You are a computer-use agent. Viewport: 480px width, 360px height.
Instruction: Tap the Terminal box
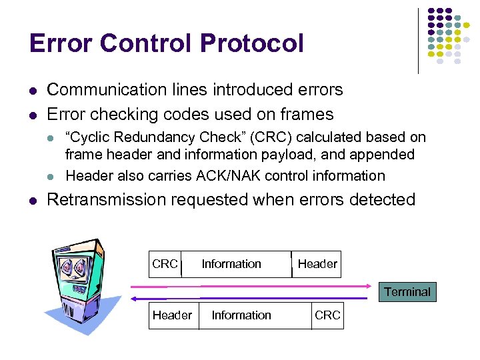click(407, 292)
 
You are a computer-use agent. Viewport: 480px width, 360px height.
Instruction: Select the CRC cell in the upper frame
click(165, 264)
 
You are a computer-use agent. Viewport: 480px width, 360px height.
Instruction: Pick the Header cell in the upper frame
click(317, 264)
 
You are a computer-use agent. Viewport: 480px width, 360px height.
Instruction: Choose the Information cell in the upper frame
click(231, 264)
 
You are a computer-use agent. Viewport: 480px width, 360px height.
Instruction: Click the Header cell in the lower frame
click(172, 315)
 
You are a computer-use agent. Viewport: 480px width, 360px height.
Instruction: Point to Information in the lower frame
click(241, 315)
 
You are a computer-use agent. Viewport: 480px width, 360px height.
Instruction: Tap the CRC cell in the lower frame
click(327, 315)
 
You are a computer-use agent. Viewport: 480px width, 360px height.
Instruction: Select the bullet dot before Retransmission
click(32, 200)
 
